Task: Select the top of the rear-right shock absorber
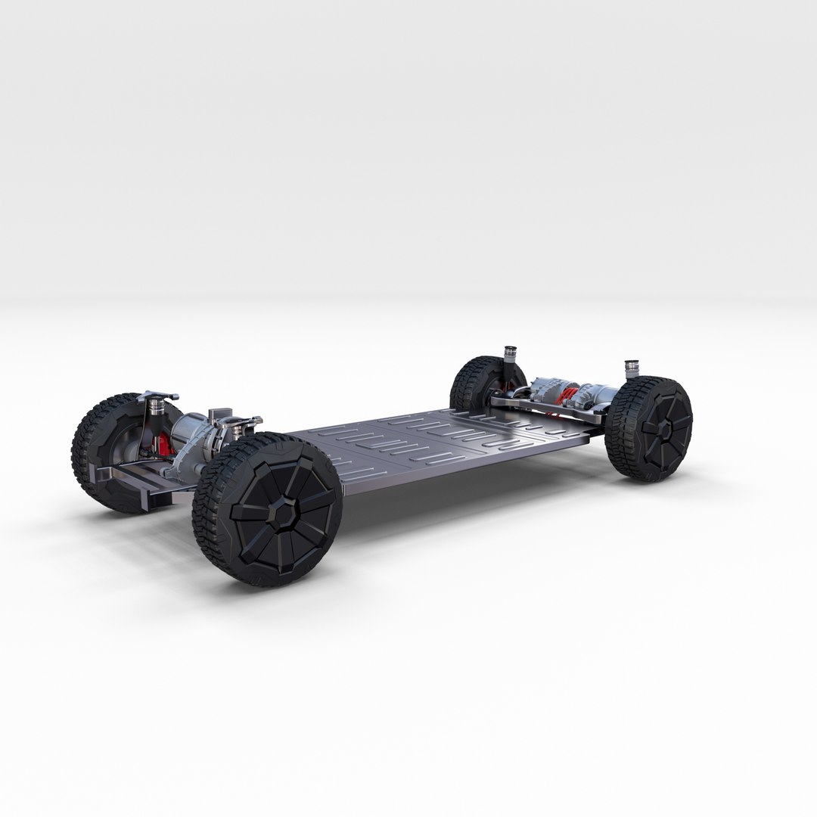click(630, 370)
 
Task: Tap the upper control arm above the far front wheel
click(159, 395)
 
